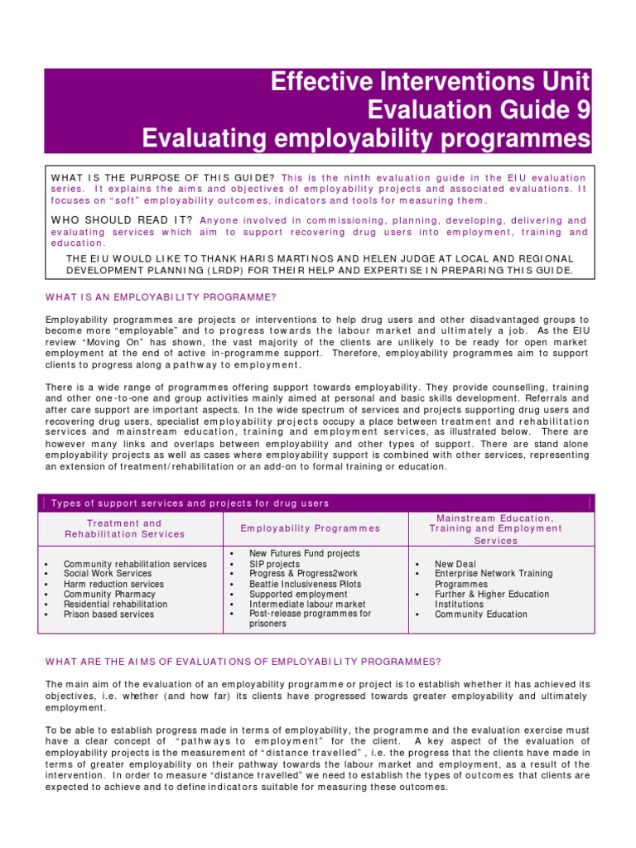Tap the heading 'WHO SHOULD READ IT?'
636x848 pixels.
122,220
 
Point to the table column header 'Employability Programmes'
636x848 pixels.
311,528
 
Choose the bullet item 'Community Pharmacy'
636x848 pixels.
109,594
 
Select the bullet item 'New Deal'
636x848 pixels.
455,563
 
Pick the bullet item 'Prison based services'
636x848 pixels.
108,614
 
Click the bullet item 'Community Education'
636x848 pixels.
481,614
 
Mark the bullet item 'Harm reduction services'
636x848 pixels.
113,584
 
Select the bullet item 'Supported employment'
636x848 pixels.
298,594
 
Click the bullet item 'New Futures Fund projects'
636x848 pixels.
304,553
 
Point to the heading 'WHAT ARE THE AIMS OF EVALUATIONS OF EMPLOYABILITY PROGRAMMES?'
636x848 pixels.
243,661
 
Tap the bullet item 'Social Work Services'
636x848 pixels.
108,573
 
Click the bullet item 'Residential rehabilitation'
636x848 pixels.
115,605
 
